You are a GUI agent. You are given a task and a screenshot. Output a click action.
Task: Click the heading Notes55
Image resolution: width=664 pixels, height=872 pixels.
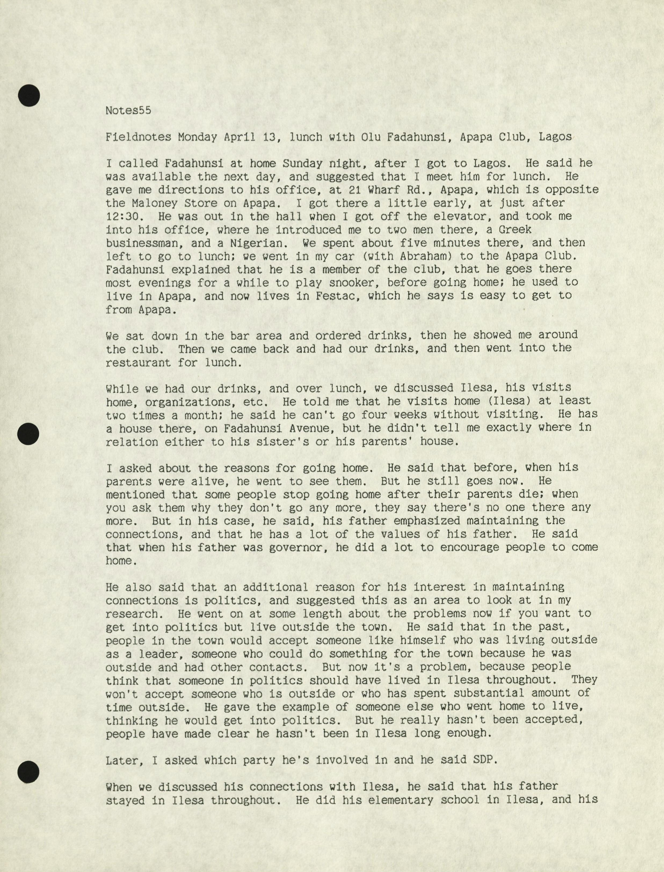(x=128, y=110)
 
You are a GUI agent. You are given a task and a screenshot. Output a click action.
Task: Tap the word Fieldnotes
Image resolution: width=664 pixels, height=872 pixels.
(x=138, y=137)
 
